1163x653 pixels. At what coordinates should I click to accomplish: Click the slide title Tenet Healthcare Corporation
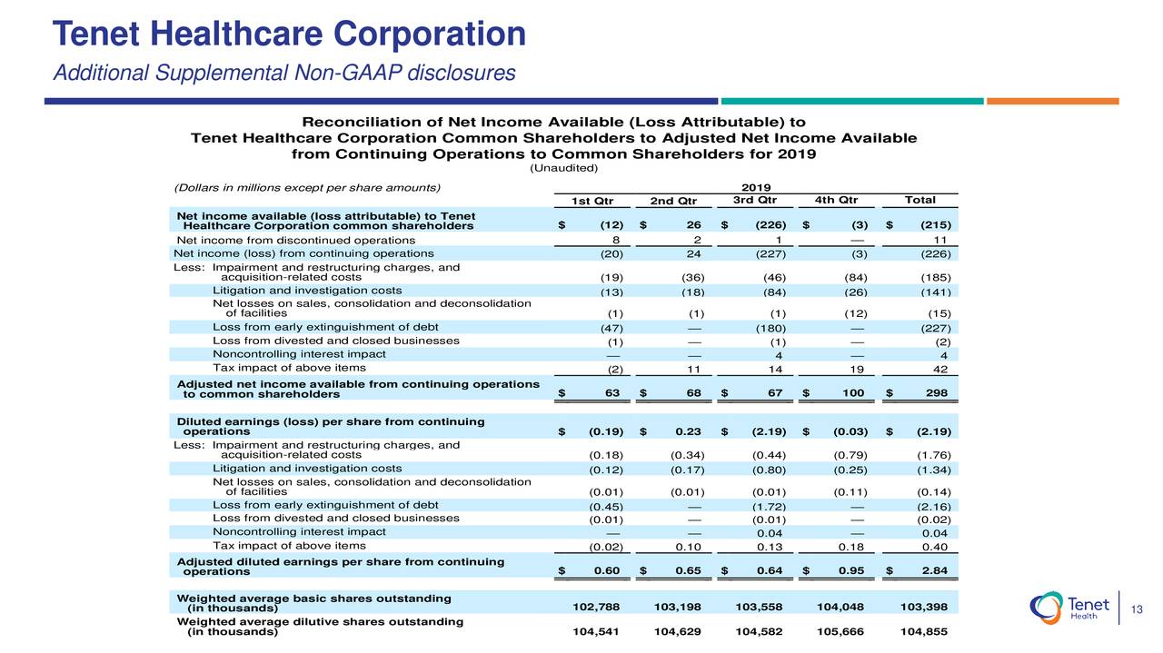click(x=290, y=35)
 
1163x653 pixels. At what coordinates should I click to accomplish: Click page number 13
click(x=1136, y=608)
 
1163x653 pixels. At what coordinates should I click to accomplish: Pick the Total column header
click(x=919, y=201)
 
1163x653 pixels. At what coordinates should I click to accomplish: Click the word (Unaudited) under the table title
click(x=563, y=168)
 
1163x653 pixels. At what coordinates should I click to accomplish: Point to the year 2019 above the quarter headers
click(x=756, y=187)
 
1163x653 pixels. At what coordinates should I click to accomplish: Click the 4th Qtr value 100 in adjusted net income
click(x=854, y=392)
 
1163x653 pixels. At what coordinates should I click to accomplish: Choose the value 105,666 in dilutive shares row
click(x=837, y=631)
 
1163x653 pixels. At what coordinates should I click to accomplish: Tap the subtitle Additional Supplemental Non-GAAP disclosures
click(x=284, y=72)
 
